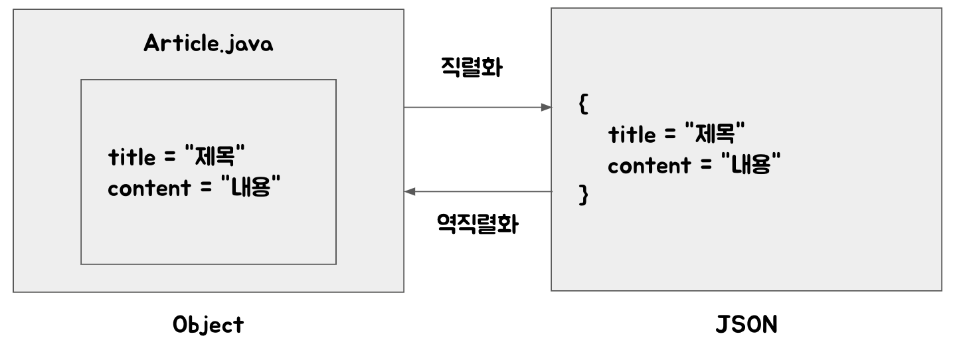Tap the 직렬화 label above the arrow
471,68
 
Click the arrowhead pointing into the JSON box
547,107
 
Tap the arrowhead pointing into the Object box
410,192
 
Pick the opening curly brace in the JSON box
583,106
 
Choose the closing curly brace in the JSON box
584,196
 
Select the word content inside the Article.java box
149,188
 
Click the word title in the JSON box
633,135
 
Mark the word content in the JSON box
649,165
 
